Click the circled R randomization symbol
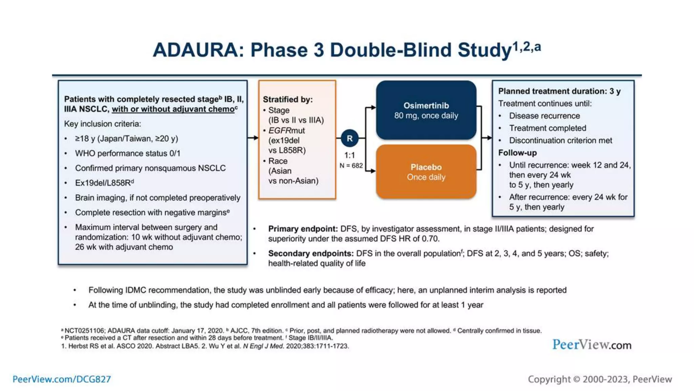(x=349, y=138)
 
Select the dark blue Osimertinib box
(x=426, y=110)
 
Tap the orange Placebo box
(x=426, y=172)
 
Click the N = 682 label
(x=351, y=166)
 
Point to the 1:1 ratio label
(x=349, y=155)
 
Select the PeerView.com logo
(x=592, y=345)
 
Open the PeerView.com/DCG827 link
(x=62, y=379)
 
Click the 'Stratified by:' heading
(x=288, y=99)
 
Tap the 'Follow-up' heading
(x=517, y=153)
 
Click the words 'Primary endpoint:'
(x=303, y=229)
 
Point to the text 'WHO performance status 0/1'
(x=127, y=153)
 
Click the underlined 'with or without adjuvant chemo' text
(x=173, y=109)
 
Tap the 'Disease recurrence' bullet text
(x=544, y=116)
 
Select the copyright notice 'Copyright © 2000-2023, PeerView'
(x=599, y=379)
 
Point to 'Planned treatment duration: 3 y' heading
(x=559, y=91)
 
